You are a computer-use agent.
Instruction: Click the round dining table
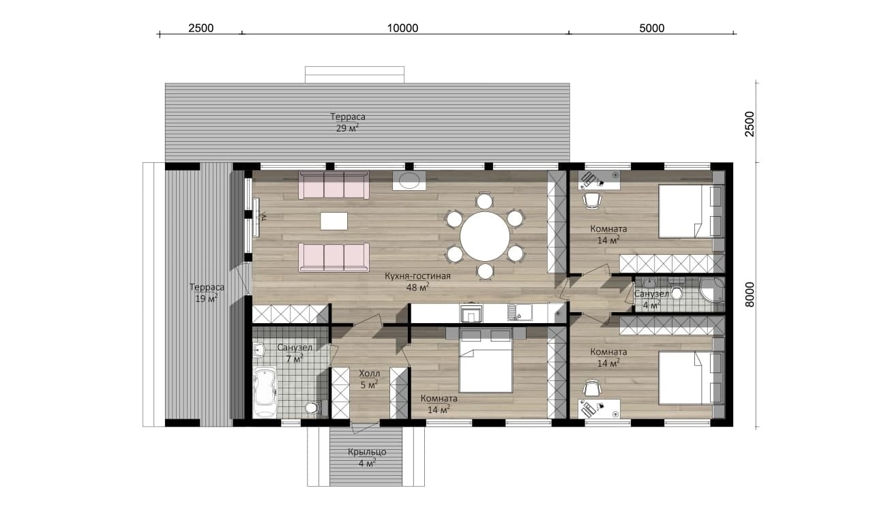coord(485,237)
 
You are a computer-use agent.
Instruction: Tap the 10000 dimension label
coord(402,28)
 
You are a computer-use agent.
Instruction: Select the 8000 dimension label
coord(750,294)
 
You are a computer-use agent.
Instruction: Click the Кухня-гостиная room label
coord(417,275)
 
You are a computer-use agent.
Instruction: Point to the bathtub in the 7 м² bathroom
coord(265,393)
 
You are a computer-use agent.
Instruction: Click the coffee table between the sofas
coord(334,221)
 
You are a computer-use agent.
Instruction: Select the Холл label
coord(369,374)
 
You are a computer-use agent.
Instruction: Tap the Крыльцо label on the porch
coord(367,452)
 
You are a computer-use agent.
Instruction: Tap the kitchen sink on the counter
coord(520,312)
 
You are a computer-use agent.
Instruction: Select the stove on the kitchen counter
coord(471,313)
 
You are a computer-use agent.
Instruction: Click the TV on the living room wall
coord(256,217)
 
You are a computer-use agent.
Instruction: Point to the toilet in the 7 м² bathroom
coord(313,408)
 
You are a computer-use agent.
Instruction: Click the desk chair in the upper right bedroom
coord(592,201)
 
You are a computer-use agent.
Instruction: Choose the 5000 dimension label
coord(651,28)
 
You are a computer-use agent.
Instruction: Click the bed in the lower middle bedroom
coord(486,360)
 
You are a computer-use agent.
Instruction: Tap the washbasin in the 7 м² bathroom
coord(258,350)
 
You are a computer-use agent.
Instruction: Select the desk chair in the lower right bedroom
coord(592,388)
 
